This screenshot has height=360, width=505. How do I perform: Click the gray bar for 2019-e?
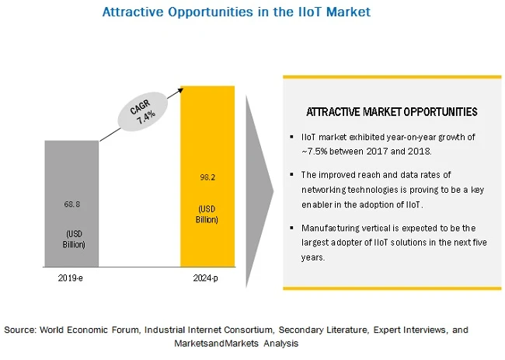tap(71, 179)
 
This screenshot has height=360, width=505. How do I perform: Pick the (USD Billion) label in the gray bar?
tap(71, 239)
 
